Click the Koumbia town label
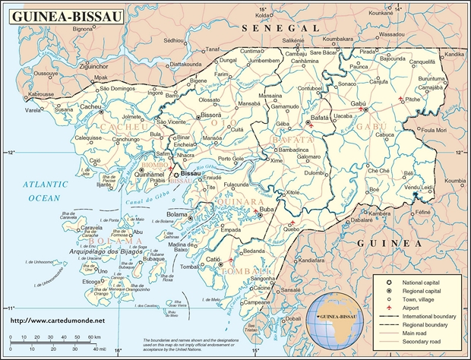(x=455, y=181)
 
